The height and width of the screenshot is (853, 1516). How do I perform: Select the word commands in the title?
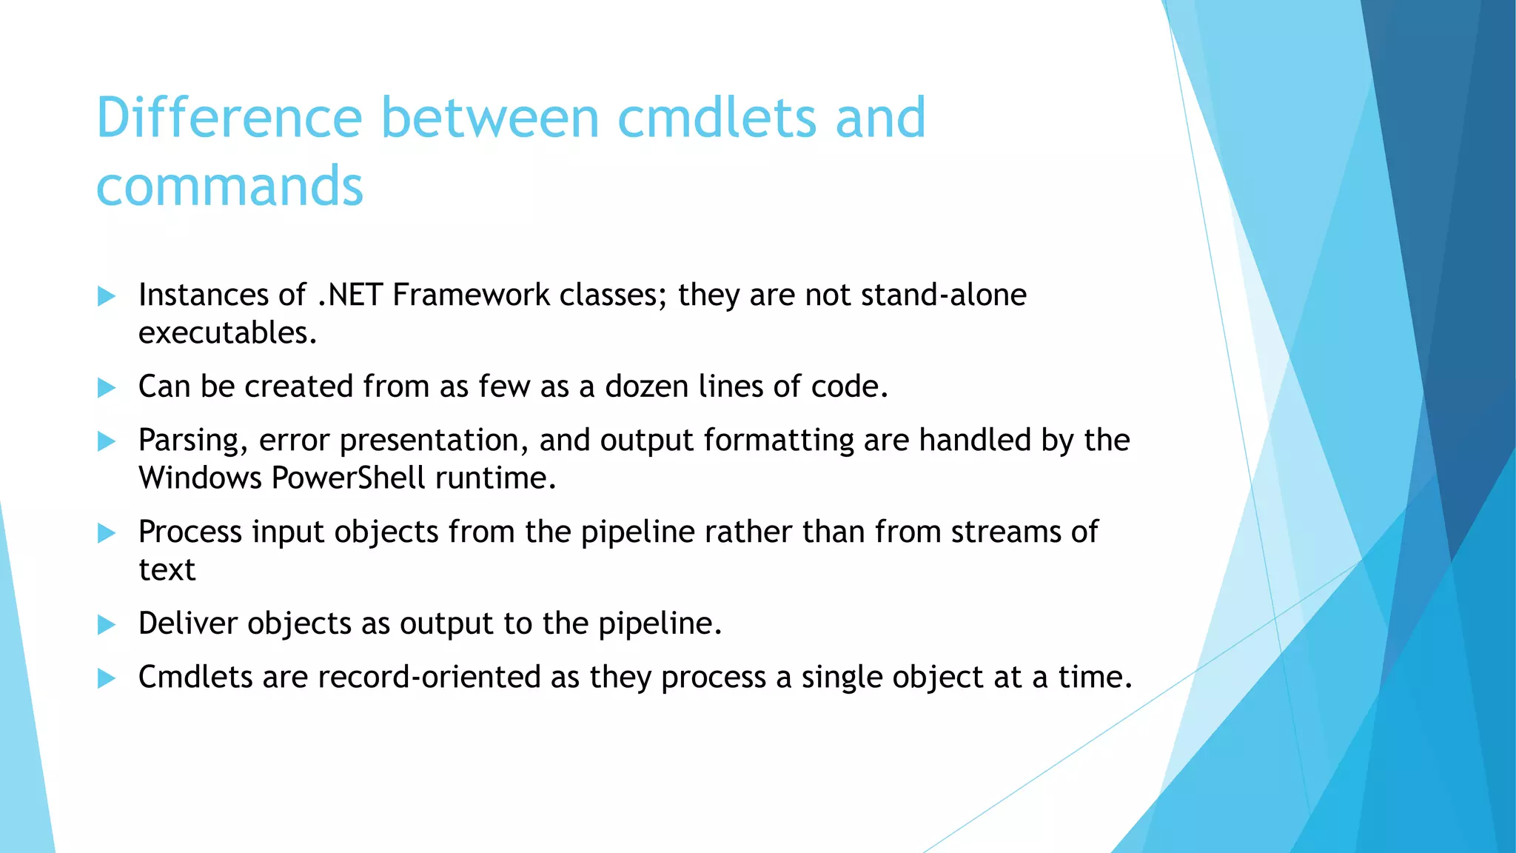pyautogui.click(x=229, y=187)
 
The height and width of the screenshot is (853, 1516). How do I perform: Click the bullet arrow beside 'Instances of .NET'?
pyautogui.click(x=107, y=297)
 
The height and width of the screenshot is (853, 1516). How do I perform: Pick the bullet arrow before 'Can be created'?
pyautogui.click(x=107, y=388)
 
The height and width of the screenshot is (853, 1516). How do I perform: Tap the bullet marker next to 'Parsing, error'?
pyautogui.click(x=107, y=442)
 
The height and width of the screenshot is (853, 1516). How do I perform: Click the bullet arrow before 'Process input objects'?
pyautogui.click(x=107, y=533)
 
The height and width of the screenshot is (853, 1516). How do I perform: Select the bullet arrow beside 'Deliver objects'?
pyautogui.click(x=107, y=625)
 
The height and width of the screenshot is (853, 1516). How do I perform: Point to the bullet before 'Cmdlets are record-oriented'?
pyautogui.click(x=107, y=678)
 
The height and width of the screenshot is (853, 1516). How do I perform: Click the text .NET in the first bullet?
pyautogui.click(x=349, y=295)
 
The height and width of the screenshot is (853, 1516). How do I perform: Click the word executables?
pyautogui.click(x=227, y=333)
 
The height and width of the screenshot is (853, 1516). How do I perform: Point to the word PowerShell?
pyautogui.click(x=348, y=478)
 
